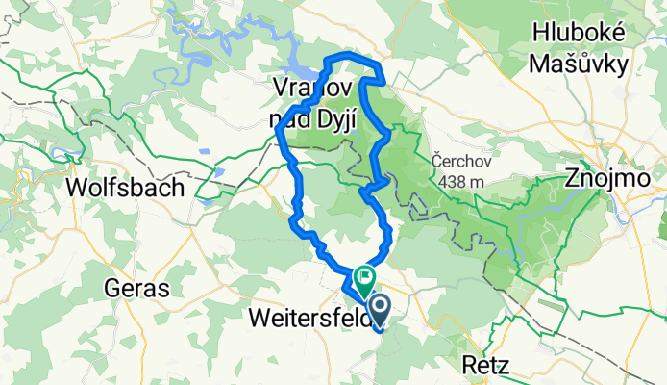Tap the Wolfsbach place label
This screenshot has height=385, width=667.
(125, 188)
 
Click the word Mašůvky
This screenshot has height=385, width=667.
(581, 64)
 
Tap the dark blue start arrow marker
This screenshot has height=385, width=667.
(378, 310)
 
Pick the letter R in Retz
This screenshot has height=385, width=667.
(466, 365)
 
